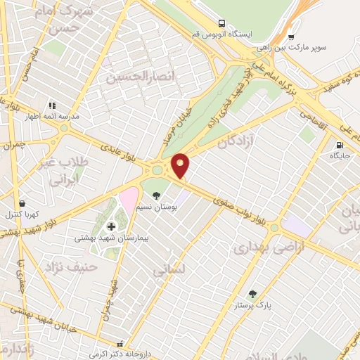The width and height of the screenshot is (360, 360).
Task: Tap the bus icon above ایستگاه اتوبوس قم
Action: (221, 24)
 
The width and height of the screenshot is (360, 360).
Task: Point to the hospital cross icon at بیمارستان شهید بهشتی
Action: (110, 226)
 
